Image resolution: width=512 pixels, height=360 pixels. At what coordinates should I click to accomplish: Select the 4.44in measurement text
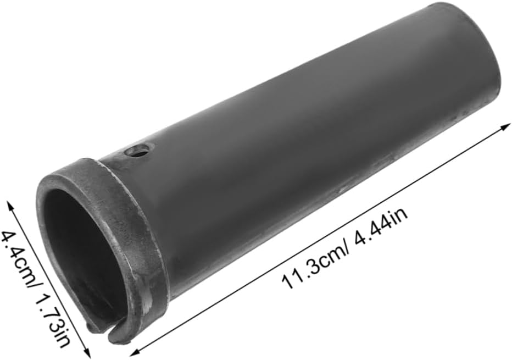tap(381, 226)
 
